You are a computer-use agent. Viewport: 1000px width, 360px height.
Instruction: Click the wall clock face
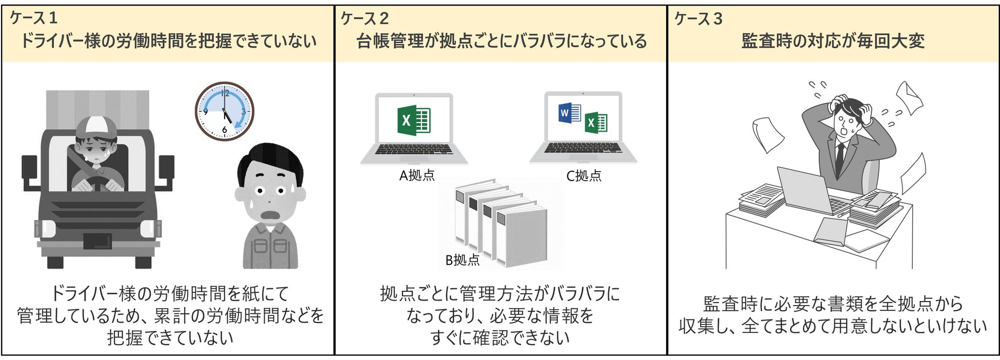[x=224, y=111]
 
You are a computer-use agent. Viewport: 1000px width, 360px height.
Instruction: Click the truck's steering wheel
[x=97, y=183]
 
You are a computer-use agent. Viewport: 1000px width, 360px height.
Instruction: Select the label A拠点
[x=417, y=175]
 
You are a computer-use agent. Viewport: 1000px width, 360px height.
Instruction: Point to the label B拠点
[x=462, y=260]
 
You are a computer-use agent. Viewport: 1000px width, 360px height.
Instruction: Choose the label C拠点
[x=584, y=176]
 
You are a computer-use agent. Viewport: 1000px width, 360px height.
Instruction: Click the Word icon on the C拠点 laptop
[x=569, y=113]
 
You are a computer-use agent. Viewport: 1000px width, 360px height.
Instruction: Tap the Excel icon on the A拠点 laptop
[x=413, y=121]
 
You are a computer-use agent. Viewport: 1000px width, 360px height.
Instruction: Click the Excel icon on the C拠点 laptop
[x=596, y=123]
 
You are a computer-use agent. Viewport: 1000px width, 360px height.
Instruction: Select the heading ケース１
[x=33, y=18]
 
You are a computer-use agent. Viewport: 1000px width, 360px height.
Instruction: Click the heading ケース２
[x=365, y=19]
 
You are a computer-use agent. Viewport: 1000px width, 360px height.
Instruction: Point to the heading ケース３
[x=698, y=19]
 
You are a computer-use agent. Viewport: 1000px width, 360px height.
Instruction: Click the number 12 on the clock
[x=225, y=93]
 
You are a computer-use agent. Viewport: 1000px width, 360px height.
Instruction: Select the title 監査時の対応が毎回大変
[x=833, y=41]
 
